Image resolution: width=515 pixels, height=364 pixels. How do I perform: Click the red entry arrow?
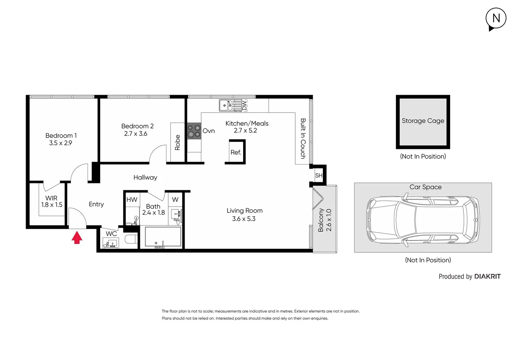click(x=77, y=237)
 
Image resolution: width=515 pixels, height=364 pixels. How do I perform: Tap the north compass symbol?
click(x=496, y=18)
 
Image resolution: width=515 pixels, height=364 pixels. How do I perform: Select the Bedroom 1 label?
click(x=61, y=135)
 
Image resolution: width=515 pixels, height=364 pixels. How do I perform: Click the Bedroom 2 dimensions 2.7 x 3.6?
click(x=135, y=134)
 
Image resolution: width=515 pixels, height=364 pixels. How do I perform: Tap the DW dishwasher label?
click(x=244, y=105)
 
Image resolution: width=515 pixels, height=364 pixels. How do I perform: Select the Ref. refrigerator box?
click(x=236, y=152)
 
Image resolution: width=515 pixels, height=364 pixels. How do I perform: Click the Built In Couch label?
click(x=303, y=139)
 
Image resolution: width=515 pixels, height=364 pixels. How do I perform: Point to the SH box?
click(x=319, y=176)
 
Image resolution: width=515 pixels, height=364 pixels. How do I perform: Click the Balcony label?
click(x=321, y=220)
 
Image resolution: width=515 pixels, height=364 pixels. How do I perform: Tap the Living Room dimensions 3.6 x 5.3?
click(x=244, y=219)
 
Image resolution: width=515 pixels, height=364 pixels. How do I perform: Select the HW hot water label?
click(x=132, y=200)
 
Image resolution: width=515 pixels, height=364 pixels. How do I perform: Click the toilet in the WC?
click(x=131, y=239)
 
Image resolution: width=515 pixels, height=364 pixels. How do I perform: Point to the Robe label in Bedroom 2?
click(x=177, y=142)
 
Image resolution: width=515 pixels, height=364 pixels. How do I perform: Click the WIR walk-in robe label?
click(x=51, y=198)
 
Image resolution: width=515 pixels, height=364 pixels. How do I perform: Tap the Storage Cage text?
click(x=423, y=121)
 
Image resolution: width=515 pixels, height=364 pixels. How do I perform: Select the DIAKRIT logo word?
click(x=487, y=276)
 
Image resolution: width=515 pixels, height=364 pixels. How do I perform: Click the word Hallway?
click(x=145, y=177)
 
